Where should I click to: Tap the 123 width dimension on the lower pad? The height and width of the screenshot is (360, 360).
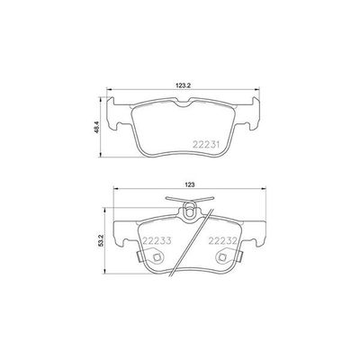tap(191, 185)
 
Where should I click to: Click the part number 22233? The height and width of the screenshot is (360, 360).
tap(157, 241)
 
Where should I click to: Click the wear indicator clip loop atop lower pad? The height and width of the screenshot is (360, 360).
tap(189, 212)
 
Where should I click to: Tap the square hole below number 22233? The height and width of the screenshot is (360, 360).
tap(157, 256)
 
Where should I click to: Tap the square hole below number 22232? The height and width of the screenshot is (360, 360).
tap(222, 256)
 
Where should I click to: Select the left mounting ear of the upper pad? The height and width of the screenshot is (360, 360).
tap(118, 119)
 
